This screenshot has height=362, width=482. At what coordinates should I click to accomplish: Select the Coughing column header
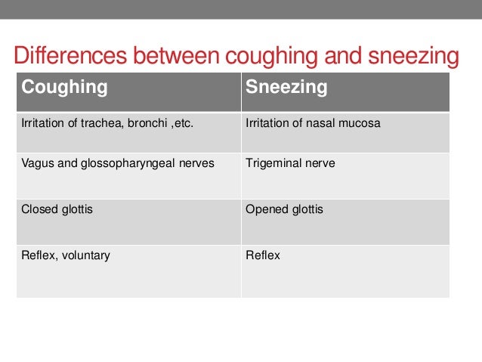tap(64, 88)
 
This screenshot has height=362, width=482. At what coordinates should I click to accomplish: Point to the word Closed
tap(39, 209)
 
